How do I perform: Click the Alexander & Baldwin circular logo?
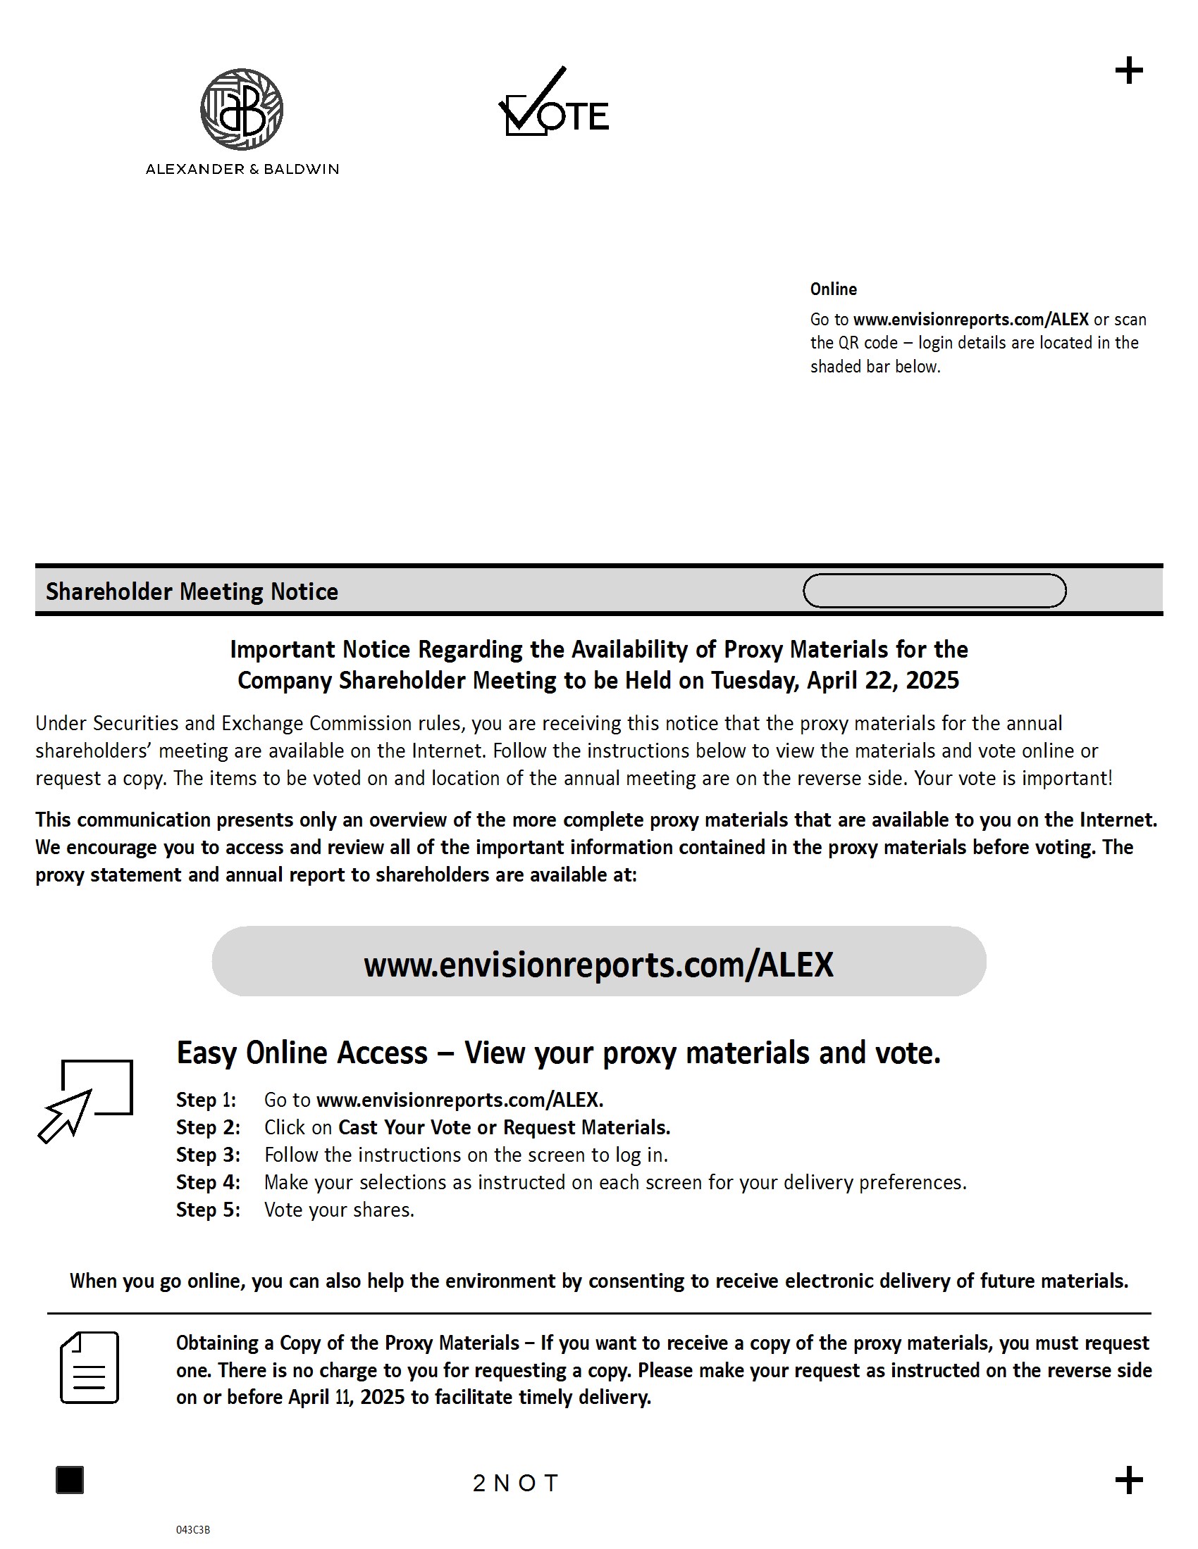coord(242,109)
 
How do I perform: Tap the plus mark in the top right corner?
coord(1128,71)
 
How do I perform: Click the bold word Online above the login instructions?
coord(833,289)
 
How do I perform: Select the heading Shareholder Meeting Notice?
coord(192,591)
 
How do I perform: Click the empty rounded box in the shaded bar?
coord(934,591)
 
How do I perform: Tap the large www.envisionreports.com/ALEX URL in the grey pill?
coord(598,965)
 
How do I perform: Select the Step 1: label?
coord(206,1100)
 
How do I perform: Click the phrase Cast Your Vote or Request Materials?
coord(504,1128)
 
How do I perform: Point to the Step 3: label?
coord(208,1155)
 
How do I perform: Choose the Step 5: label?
coord(208,1210)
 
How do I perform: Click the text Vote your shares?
coord(339,1210)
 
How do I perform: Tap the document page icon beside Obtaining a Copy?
coord(89,1367)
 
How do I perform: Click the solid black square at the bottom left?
coord(70,1480)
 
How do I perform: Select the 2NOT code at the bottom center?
coord(516,1483)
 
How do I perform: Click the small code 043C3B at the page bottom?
coord(193,1530)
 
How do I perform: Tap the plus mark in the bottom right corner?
coord(1128,1480)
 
